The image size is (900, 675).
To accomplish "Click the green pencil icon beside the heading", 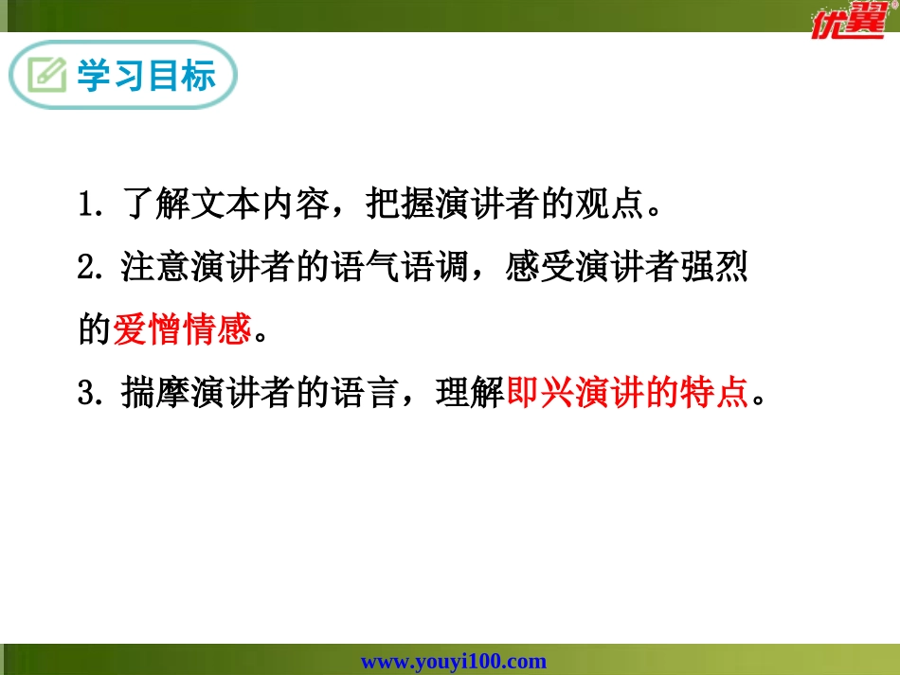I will pyautogui.click(x=46, y=76).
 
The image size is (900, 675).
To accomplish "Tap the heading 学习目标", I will pyautogui.click(x=146, y=76).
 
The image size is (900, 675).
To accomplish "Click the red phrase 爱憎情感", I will pyautogui.click(x=182, y=329).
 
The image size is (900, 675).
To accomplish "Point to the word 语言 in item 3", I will pyautogui.click(x=366, y=392).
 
